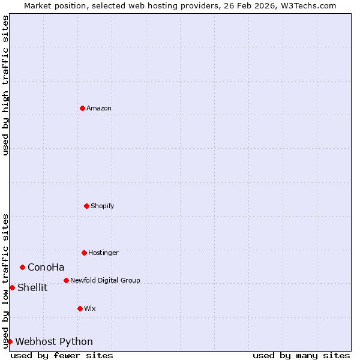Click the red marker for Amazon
click(82, 108)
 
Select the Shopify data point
click(86, 206)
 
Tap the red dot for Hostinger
click(84, 253)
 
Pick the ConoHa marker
click(22, 267)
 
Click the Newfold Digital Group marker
click(66, 280)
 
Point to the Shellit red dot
click(12, 287)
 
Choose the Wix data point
click(80, 308)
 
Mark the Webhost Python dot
click(10, 341)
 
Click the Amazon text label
click(99, 109)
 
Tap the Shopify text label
click(103, 206)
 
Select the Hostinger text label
click(103, 253)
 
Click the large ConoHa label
click(46, 268)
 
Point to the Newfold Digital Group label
click(105, 281)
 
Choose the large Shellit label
click(32, 288)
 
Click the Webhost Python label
click(54, 342)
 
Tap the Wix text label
click(90, 309)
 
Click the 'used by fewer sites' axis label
click(62, 356)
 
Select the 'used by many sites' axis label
click(301, 356)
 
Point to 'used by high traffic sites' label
click(5, 85)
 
